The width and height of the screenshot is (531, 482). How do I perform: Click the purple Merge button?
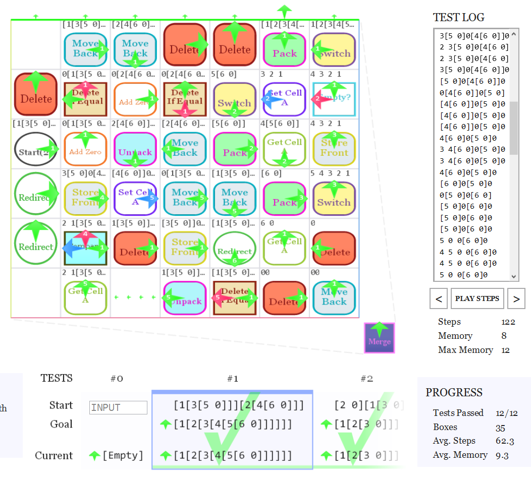[380, 338]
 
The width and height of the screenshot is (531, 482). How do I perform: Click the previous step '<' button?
[439, 298]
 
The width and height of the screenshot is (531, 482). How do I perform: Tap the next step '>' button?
[516, 298]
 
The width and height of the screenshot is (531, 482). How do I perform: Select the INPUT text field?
[118, 407]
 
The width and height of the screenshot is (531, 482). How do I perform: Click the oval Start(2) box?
[35, 149]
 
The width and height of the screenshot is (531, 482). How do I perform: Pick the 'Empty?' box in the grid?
[334, 99]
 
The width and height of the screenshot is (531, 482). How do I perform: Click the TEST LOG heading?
[458, 18]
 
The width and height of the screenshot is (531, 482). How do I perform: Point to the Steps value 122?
[508, 322]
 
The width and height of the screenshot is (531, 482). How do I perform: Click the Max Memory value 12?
[506, 350]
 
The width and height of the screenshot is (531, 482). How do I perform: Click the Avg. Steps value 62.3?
[505, 441]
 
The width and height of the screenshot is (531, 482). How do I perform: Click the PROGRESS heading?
[454, 393]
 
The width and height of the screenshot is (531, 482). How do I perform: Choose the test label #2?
[366, 379]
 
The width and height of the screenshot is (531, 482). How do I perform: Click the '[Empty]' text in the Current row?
[123, 456]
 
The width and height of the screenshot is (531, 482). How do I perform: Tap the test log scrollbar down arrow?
[514, 276]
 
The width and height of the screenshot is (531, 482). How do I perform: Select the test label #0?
[117, 379]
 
